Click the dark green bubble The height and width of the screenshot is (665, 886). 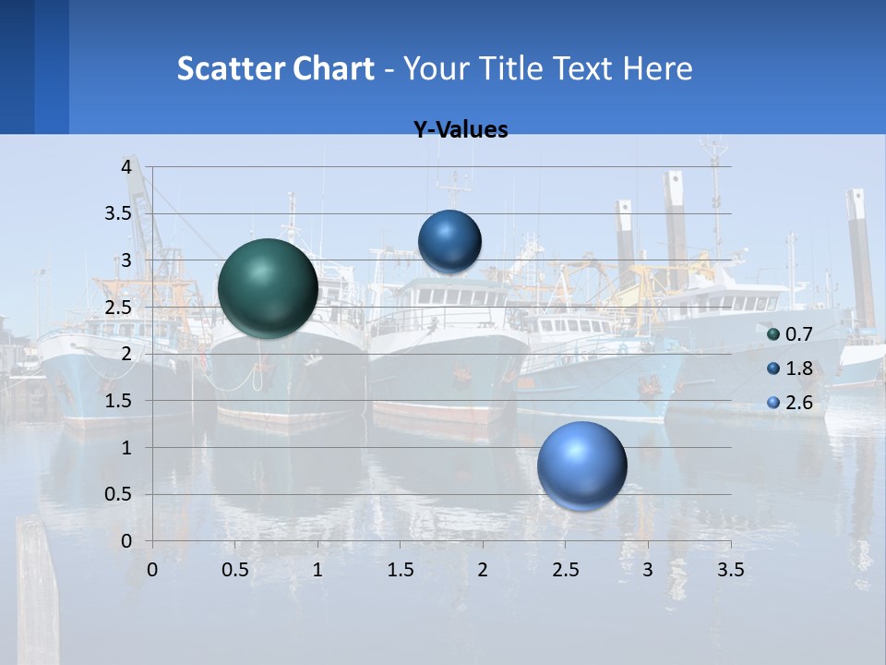269,288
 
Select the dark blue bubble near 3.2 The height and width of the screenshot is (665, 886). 450,242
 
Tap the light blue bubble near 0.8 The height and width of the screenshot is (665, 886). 582,465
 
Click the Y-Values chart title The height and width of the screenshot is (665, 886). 461,130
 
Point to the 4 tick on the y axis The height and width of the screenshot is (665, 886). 126,167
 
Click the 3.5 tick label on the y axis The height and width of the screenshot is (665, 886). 118,213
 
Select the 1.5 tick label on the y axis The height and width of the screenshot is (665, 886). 118,401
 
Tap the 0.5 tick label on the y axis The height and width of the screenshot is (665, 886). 118,494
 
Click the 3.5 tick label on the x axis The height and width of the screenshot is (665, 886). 730,570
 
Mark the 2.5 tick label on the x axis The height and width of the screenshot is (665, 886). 565,570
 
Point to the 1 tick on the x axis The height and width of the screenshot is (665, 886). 317,570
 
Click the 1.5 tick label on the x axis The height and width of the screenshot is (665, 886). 400,570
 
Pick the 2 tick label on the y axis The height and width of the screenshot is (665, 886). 126,354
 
